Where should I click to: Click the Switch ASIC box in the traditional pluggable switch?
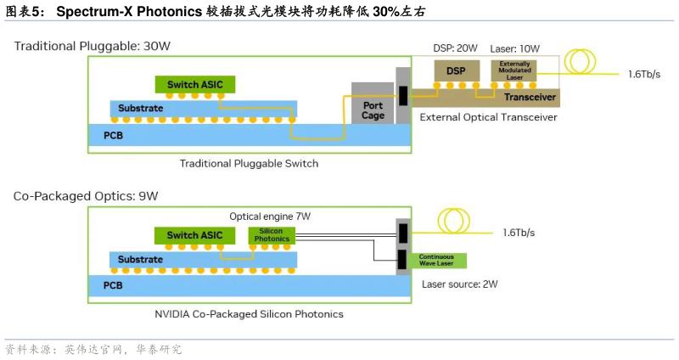pyautogui.click(x=194, y=84)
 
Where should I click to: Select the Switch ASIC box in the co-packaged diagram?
pyautogui.click(x=194, y=235)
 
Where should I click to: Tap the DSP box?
pyautogui.click(x=457, y=70)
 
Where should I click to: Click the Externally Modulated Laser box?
pyautogui.click(x=513, y=70)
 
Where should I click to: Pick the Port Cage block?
pyautogui.click(x=373, y=110)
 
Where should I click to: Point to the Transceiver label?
pyautogui.click(x=530, y=97)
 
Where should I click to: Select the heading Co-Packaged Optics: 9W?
pyautogui.click(x=86, y=196)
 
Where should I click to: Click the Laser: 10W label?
pyautogui.click(x=514, y=48)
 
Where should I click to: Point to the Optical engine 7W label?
pyautogui.click(x=270, y=217)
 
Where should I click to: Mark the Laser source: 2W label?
pyautogui.click(x=459, y=284)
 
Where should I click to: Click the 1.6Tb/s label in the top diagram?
pyautogui.click(x=644, y=74)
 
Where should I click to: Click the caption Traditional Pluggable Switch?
pyautogui.click(x=249, y=163)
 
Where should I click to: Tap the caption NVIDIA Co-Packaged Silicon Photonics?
pyautogui.click(x=249, y=314)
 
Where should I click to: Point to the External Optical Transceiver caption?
pyautogui.click(x=488, y=117)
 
